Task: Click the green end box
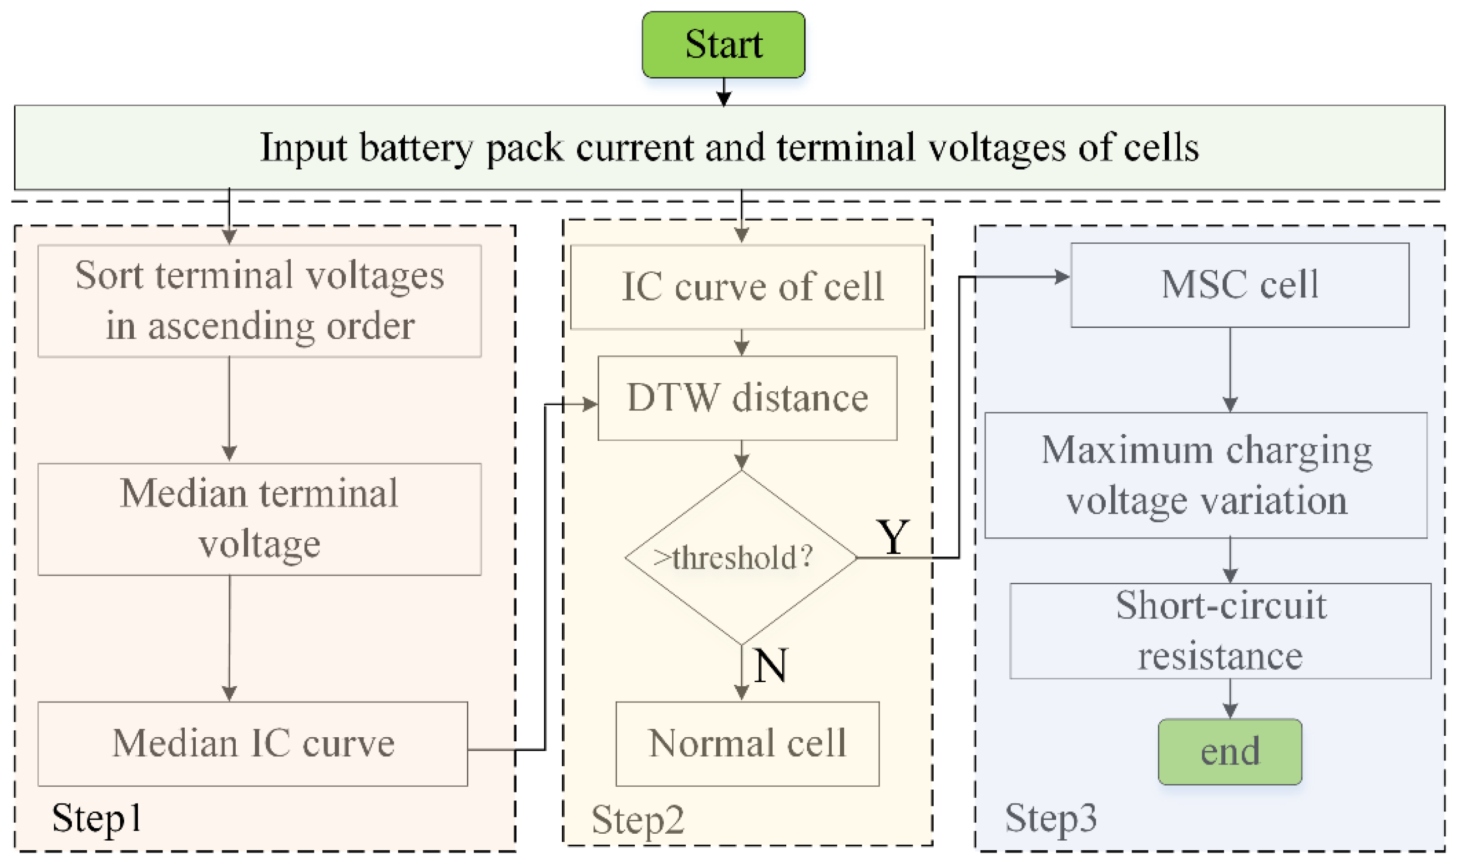coord(1229,751)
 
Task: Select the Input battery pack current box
coord(729,147)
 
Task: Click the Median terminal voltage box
coord(259,519)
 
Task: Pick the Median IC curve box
coord(253,743)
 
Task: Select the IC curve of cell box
coord(747,287)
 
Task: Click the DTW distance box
coord(747,398)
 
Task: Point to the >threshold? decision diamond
coord(740,557)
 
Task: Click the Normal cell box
coord(747,743)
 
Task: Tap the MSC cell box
coord(1239,284)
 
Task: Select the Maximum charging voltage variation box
coord(1205,475)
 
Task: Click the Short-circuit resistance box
coord(1220,631)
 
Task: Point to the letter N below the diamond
coord(770,665)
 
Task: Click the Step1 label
coord(97,818)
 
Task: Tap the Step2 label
coord(637,819)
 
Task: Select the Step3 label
coord(1050,818)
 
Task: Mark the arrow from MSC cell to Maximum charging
coord(1229,370)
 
